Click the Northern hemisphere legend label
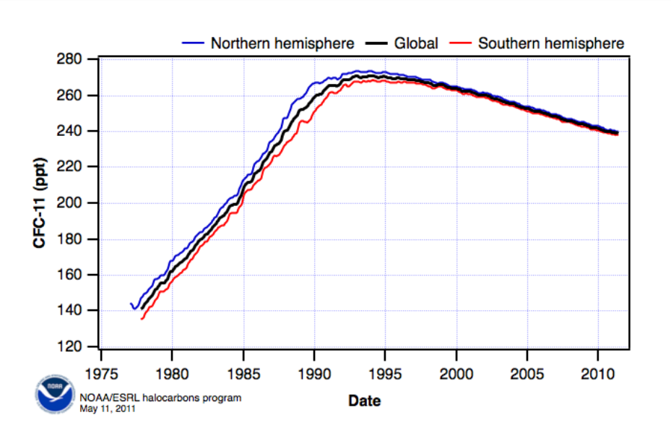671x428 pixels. pyautogui.click(x=282, y=43)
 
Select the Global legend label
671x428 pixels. pyautogui.click(x=415, y=43)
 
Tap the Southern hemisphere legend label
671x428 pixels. pyautogui.click(x=551, y=43)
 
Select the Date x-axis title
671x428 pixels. pyautogui.click(x=364, y=400)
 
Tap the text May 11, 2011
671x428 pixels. pyautogui.click(x=107, y=408)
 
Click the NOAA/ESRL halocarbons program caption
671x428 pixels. pyautogui.click(x=160, y=398)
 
